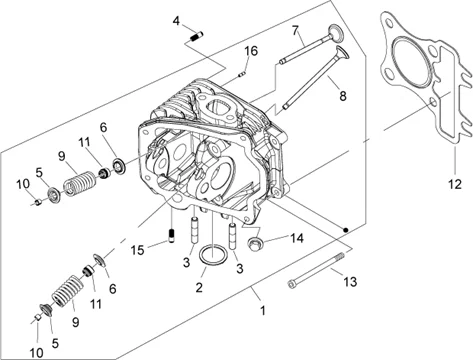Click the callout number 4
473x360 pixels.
point(176,21)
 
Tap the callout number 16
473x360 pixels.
point(251,51)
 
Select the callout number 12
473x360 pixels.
point(455,184)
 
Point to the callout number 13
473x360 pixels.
point(350,282)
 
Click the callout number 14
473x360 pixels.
point(297,238)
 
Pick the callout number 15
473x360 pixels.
point(137,250)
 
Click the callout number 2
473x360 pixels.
point(199,287)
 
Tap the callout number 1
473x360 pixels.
point(263,311)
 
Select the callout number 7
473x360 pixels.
point(295,31)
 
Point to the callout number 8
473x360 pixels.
point(343,96)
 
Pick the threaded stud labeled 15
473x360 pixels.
point(172,236)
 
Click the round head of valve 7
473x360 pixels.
point(335,33)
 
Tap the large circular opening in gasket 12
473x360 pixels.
point(410,61)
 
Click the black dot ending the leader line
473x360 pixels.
point(346,229)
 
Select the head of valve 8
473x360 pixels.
point(343,54)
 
